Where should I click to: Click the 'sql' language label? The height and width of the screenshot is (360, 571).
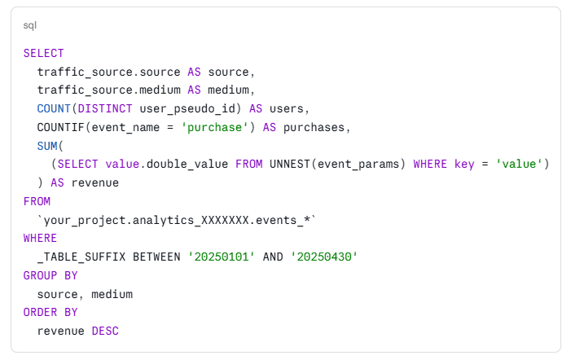30,25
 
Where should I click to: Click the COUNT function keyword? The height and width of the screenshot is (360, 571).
54,108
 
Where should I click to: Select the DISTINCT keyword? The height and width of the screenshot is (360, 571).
105,108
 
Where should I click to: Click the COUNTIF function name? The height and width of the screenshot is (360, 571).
61,127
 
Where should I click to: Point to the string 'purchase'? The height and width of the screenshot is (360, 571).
214,127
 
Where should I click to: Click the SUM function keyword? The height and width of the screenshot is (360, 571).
47,146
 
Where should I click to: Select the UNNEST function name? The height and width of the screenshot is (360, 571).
290,164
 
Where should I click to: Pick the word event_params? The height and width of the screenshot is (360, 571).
358,165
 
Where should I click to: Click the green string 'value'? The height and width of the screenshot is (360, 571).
519,164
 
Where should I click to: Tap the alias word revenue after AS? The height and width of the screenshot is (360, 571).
95,182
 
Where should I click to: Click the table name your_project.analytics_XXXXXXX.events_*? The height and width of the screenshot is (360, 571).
177,220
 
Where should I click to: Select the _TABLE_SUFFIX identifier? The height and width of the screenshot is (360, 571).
81,257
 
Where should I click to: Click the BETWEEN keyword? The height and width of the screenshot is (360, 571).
156,257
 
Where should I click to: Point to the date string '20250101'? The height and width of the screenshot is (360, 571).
221,257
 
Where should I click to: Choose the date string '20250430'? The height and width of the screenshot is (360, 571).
323,257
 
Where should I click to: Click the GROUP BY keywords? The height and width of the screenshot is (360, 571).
51,275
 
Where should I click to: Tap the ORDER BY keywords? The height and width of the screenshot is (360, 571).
51,312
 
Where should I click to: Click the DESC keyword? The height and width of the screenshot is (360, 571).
105,331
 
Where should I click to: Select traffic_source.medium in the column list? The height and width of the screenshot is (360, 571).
109,90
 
